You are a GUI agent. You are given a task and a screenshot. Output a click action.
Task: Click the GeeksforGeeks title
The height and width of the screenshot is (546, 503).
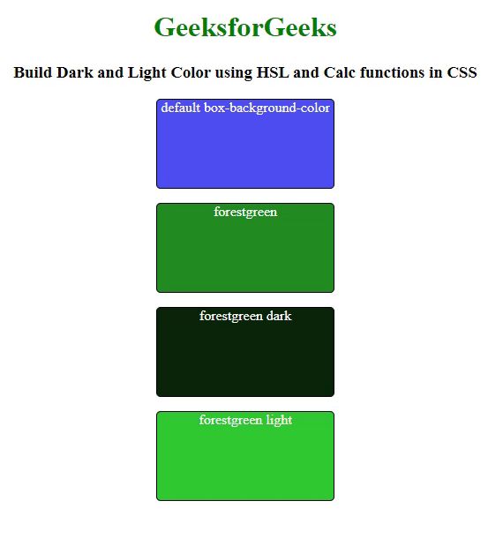pyautogui.click(x=245, y=27)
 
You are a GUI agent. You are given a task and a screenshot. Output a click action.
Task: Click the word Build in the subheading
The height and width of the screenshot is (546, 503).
pyautogui.click(x=33, y=72)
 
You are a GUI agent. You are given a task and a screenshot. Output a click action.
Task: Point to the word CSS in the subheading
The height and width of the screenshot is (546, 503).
pyautogui.click(x=462, y=72)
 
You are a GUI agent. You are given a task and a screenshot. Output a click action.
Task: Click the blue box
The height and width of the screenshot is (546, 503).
pyautogui.click(x=245, y=144)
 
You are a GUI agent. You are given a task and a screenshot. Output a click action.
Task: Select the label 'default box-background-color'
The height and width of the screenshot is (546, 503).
pyautogui.click(x=245, y=108)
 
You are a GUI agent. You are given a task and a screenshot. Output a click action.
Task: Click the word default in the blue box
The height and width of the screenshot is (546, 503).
pyautogui.click(x=181, y=108)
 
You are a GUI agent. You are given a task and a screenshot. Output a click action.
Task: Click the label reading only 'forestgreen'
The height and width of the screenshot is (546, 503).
pyautogui.click(x=245, y=212)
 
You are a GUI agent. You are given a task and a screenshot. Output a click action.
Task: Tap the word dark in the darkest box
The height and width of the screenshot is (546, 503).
pyautogui.click(x=279, y=316)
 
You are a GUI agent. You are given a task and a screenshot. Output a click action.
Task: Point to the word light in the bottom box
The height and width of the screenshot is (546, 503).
pyautogui.click(x=279, y=420)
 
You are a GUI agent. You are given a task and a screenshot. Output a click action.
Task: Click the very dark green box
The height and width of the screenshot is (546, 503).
pyautogui.click(x=245, y=352)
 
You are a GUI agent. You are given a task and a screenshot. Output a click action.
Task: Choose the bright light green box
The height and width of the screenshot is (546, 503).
pyautogui.click(x=245, y=456)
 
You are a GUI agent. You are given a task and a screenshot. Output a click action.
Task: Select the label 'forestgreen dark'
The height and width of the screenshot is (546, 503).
pyautogui.click(x=245, y=317)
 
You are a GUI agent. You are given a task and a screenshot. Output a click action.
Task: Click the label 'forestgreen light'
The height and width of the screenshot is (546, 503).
pyautogui.click(x=245, y=421)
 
